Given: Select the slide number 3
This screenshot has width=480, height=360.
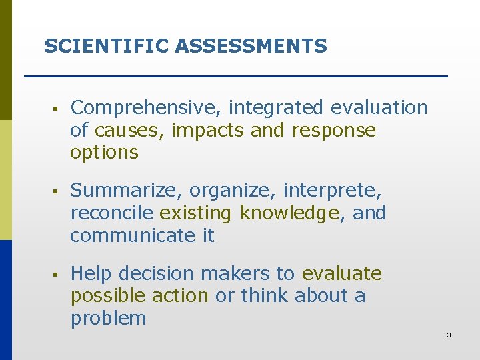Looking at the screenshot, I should (x=449, y=335).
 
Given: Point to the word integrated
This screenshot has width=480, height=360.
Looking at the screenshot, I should (x=277, y=108).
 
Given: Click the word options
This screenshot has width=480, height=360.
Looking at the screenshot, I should (x=104, y=153).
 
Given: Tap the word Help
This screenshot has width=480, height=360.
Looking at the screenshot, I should (x=91, y=274).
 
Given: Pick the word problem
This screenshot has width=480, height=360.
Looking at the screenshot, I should (x=108, y=319).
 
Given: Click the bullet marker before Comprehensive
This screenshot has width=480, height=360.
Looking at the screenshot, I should (x=53, y=108).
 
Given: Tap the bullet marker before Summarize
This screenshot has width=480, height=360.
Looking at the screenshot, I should (x=53, y=191).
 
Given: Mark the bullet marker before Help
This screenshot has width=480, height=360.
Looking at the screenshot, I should (x=53, y=274).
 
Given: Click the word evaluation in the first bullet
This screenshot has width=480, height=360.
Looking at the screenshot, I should (x=379, y=108).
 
